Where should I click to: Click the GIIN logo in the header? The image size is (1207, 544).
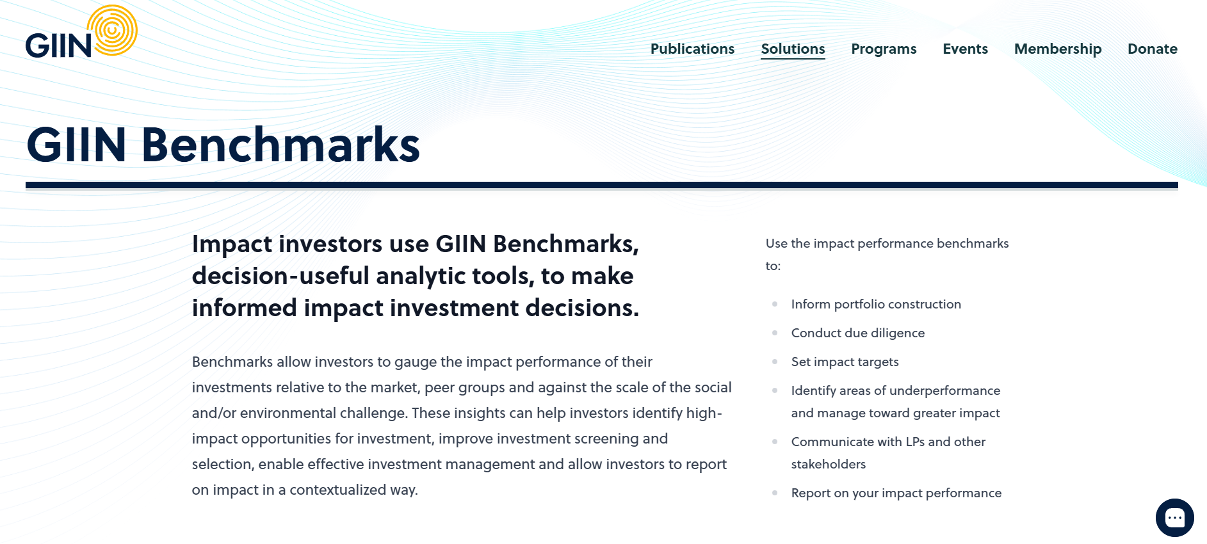(81, 32)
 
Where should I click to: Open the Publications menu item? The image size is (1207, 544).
(692, 49)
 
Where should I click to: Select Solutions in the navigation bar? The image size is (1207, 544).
(793, 49)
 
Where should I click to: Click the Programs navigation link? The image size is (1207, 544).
(884, 49)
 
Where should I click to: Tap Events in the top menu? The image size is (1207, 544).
(965, 49)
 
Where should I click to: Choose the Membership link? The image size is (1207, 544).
(1058, 49)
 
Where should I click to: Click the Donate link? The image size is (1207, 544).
(1152, 49)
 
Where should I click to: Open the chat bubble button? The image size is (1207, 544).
(1174, 517)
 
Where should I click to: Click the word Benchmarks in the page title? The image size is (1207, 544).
(280, 145)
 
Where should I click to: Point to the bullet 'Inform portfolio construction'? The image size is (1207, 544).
(876, 304)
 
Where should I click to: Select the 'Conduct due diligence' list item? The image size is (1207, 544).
(858, 333)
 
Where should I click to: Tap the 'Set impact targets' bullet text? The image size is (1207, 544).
(845, 362)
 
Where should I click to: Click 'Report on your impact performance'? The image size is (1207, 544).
(896, 493)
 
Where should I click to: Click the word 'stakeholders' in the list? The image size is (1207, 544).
(829, 464)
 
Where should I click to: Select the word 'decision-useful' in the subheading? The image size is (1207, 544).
(281, 276)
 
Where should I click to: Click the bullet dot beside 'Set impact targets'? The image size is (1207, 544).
(775, 362)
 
